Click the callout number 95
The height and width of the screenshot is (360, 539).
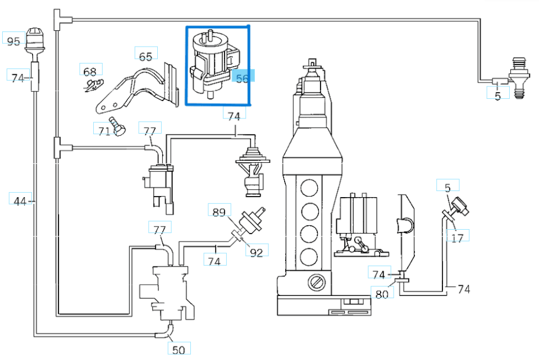pyautogui.click(x=13, y=42)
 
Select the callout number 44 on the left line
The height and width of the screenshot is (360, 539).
pyautogui.click(x=20, y=201)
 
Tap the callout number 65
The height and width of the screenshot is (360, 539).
pyautogui.click(x=145, y=56)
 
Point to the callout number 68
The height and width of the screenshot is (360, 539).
pyautogui.click(x=90, y=71)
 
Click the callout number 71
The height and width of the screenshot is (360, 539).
pyautogui.click(x=103, y=131)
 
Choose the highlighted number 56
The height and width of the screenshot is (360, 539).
pyautogui.click(x=243, y=79)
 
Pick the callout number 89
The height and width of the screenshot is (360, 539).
pyautogui.click(x=218, y=212)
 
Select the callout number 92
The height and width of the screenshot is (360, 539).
pyautogui.click(x=256, y=253)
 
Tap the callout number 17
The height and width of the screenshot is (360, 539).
pyautogui.click(x=458, y=238)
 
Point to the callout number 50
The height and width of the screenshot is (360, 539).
pyautogui.click(x=179, y=350)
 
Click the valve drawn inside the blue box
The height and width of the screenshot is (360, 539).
pyautogui.click(x=211, y=65)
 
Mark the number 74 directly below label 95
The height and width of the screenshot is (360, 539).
pyautogui.click(x=18, y=78)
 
